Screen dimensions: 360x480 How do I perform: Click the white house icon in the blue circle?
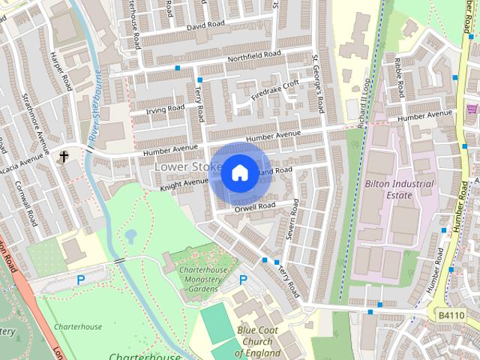[239, 173]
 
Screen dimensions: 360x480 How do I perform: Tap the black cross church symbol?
[64, 157]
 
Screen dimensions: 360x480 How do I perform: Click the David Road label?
[205, 25]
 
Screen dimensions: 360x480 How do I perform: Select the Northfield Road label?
[256, 55]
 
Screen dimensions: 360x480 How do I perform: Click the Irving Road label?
[166, 109]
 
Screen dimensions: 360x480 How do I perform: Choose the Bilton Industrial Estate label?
[399, 189]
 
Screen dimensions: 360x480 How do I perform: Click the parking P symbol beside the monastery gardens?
[243, 280]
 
